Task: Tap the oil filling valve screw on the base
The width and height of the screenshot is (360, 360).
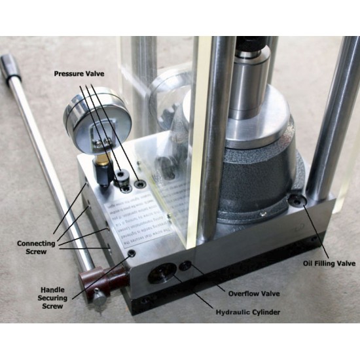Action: [x=298, y=199]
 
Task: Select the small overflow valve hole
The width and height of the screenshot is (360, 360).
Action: [x=187, y=266]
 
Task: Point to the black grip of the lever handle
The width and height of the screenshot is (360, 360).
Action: [x=9, y=66]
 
